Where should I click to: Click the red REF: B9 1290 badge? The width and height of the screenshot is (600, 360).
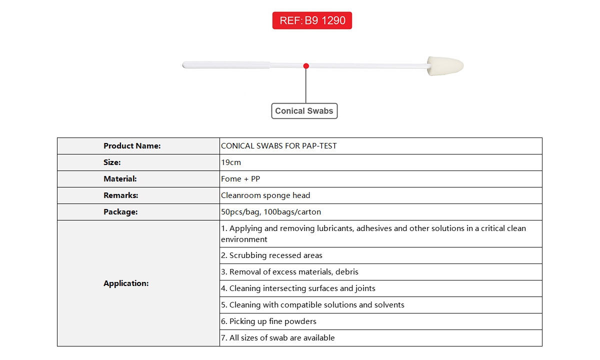coord(312,20)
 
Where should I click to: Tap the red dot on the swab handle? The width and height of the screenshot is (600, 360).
coord(306,66)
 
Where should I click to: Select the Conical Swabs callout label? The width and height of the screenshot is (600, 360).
coord(304,111)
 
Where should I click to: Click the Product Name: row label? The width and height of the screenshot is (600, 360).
coord(132,146)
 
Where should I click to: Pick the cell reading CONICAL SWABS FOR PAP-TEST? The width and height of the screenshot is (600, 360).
coord(279,146)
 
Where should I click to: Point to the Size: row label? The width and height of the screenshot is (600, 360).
coord(112,162)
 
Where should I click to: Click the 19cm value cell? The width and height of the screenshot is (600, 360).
coord(231,162)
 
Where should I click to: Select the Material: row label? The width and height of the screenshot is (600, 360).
coord(120,179)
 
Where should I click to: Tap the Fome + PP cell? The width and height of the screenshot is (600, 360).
coord(240,179)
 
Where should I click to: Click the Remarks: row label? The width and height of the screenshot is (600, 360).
coord(120,195)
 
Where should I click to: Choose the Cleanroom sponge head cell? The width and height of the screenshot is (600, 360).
coord(265,195)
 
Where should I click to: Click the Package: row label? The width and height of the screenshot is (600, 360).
coord(120,212)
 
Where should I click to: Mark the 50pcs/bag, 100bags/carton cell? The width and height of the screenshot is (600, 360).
coord(271,212)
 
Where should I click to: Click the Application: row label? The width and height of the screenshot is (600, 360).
coord(126,283)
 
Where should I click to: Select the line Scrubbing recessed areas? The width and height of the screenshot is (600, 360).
coord(272,255)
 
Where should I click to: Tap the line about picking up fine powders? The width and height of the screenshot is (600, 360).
coord(269,321)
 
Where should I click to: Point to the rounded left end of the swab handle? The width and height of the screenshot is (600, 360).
coord(185,65)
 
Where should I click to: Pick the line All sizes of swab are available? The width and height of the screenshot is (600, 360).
coord(278,338)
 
